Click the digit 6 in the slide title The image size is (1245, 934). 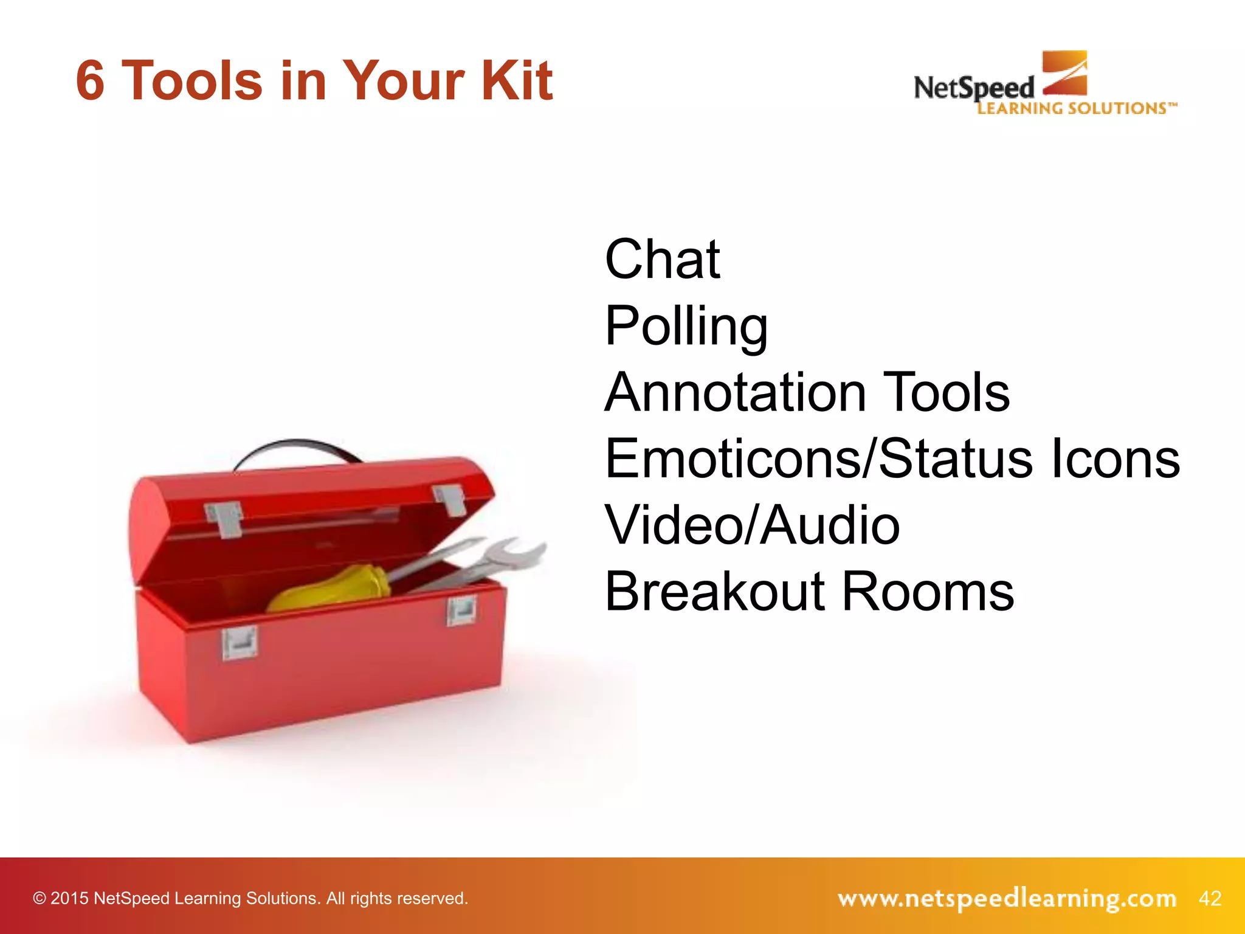[90, 81]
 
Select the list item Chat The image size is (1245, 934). [662, 260]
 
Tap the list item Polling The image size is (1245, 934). [686, 327]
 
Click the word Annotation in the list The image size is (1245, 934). [735, 393]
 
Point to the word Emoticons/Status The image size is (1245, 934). [818, 459]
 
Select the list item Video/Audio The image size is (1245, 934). [752, 525]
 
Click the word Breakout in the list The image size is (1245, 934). [714, 592]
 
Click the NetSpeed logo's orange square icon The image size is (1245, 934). [1064, 73]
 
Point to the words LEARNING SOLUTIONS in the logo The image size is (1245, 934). [1076, 108]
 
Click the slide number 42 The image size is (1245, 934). [1210, 898]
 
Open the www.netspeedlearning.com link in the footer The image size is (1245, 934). [1007, 898]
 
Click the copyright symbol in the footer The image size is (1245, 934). [40, 899]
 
